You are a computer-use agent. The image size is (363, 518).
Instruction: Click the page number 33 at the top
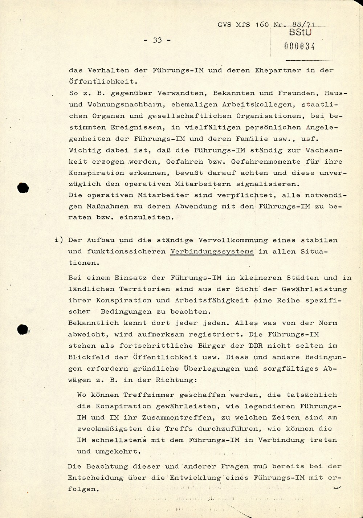click(x=157, y=40)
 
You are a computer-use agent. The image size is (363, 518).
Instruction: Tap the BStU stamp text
click(x=301, y=32)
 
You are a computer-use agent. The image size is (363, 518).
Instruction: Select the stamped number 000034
click(x=300, y=46)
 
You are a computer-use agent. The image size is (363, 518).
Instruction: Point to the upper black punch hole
click(x=24, y=188)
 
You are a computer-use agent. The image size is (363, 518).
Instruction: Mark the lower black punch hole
click(x=23, y=329)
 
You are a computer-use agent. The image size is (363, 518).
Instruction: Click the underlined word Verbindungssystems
click(x=212, y=251)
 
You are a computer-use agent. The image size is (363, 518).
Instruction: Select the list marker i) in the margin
click(x=59, y=240)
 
